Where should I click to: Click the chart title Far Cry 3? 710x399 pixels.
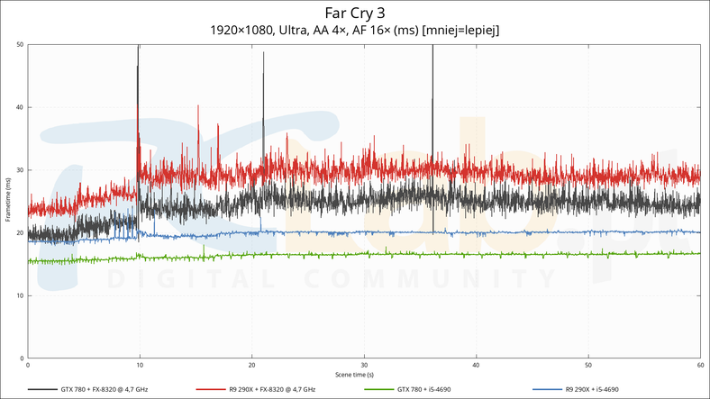click(354, 13)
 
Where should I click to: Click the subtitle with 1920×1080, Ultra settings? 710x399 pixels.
click(354, 31)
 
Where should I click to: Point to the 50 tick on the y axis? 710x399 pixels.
click(20, 45)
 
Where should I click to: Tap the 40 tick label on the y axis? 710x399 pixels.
click(20, 108)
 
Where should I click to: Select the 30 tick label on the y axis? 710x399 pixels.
click(20, 170)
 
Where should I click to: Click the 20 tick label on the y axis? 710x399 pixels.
click(20, 233)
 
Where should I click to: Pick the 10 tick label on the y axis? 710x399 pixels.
click(20, 295)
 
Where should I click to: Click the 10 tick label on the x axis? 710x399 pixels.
click(140, 365)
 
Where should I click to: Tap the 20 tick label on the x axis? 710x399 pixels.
click(251, 365)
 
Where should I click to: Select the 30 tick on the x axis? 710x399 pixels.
click(364, 365)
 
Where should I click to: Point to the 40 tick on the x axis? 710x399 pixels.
click(476, 365)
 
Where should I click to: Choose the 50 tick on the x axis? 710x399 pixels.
click(588, 365)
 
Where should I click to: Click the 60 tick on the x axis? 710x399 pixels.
click(700, 365)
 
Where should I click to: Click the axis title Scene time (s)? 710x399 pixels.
click(354, 374)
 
